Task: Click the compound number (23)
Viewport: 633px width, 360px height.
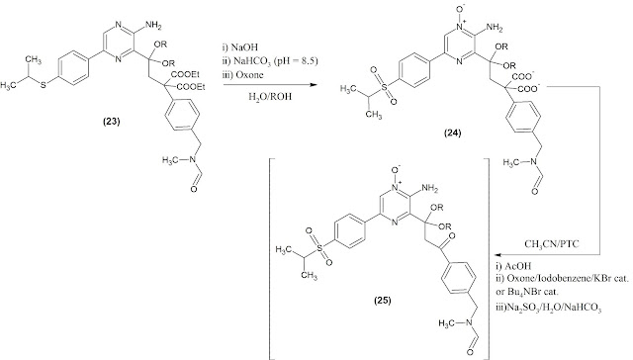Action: point(112,122)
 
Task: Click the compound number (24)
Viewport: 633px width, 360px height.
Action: point(452,133)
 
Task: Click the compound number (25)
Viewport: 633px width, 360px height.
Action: point(382,301)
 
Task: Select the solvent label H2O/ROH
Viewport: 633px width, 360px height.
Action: point(270,97)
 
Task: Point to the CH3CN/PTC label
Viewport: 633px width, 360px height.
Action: point(552,244)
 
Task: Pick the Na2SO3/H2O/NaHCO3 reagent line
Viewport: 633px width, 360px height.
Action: point(549,309)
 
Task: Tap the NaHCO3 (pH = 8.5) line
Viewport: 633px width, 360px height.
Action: point(270,61)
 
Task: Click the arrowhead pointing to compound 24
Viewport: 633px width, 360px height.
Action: point(313,85)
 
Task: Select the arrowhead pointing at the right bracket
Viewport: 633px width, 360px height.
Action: point(498,254)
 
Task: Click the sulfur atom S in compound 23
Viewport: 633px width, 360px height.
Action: point(44,86)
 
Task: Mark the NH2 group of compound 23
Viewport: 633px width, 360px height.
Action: point(153,25)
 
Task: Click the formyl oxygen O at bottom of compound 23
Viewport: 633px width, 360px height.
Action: point(194,189)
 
